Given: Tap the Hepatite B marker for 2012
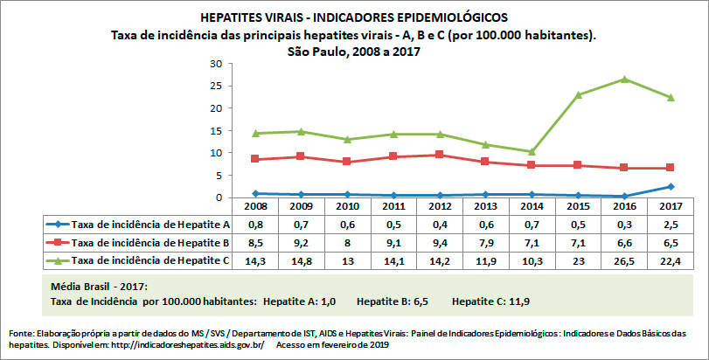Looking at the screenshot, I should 440,155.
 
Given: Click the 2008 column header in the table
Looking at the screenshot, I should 254,207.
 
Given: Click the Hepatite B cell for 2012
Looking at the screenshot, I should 440,242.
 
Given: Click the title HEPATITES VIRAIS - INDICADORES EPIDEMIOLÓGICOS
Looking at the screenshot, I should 353,17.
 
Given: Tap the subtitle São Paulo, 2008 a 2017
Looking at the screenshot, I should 353,52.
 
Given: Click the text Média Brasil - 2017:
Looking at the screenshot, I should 101,287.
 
